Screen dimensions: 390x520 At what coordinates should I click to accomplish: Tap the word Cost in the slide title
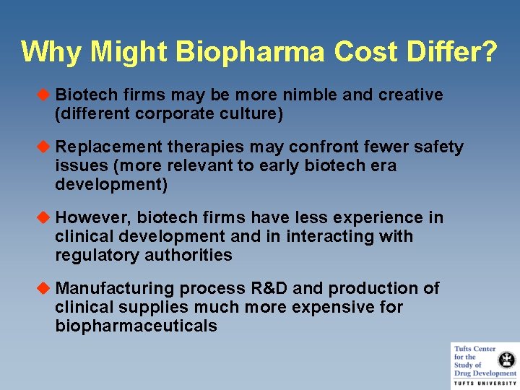[369, 52]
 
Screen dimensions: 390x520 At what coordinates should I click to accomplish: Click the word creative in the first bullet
[409, 95]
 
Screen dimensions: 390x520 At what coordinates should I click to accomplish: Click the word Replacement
[109, 147]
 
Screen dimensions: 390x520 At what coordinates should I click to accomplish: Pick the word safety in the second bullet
[438, 147]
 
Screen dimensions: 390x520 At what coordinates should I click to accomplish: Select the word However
[92, 217]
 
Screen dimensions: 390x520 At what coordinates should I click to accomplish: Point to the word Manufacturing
[115, 289]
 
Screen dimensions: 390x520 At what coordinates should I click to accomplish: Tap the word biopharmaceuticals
[136, 326]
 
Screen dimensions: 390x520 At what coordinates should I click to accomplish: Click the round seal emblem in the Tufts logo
[507, 358]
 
